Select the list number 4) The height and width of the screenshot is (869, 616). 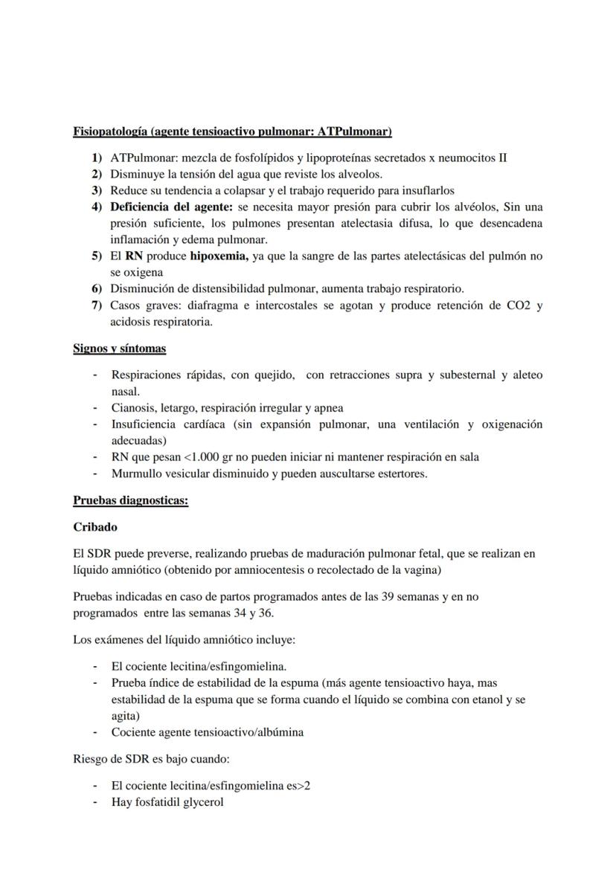click(96, 206)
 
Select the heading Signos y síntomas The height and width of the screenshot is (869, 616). click(119, 348)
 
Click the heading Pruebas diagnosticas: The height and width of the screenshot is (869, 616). click(130, 500)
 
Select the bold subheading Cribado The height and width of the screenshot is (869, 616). click(95, 526)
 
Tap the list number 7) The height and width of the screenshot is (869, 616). click(96, 306)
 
